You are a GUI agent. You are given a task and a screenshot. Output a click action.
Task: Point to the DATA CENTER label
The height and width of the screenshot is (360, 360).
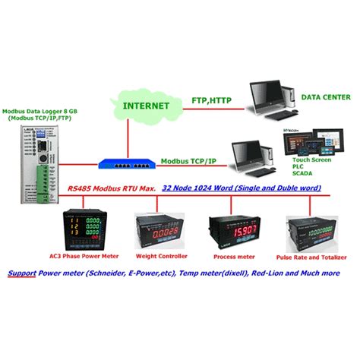(326, 97)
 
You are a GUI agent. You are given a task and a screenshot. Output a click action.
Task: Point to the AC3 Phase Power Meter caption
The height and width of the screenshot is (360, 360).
(83, 256)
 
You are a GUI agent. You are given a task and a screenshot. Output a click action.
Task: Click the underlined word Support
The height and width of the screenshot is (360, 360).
(22, 273)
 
